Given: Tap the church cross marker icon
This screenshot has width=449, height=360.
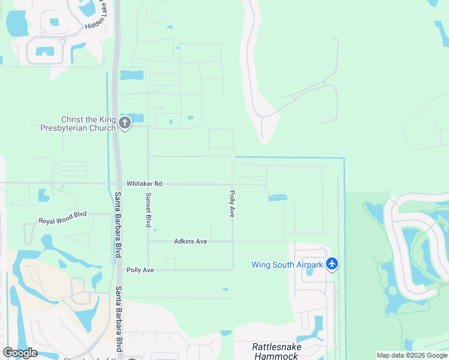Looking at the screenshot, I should coord(125,124).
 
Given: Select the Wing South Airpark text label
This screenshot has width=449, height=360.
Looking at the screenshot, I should coord(287,264).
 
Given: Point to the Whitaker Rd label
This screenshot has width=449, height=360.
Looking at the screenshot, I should coord(144,184).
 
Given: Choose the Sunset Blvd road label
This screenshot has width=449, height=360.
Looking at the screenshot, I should coord(148,210).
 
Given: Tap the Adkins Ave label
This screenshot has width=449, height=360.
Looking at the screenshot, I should coord(190,241).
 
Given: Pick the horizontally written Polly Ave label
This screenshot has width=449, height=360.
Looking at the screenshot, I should coord(140,270).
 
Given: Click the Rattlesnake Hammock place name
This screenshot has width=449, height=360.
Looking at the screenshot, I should coord(277,351).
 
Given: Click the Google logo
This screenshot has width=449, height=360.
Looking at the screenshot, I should coord(20,352).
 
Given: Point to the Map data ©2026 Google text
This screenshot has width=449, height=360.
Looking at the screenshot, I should coord(411,355).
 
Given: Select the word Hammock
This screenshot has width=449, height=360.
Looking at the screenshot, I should coord(277,356).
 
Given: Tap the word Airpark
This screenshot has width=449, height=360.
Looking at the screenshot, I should coord(307,264).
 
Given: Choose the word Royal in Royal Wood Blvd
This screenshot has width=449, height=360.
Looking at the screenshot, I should coord(47,221).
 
